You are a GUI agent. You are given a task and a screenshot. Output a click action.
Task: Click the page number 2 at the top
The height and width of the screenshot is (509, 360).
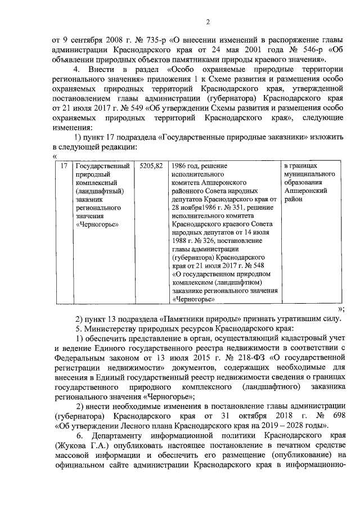click(207, 22)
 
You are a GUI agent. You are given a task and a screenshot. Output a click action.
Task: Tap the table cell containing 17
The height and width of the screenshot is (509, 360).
click(64, 166)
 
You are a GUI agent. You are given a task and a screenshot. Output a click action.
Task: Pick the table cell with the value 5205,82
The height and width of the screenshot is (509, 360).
click(151, 166)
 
